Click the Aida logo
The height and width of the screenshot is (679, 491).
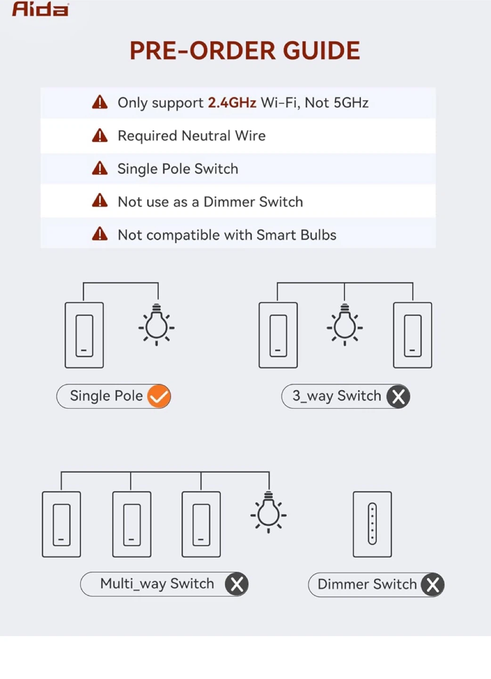(40, 9)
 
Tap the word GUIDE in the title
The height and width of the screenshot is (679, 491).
(321, 50)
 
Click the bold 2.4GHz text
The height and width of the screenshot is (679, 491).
(232, 103)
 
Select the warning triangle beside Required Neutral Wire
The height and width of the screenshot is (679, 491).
(99, 135)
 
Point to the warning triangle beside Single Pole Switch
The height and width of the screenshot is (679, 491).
(99, 168)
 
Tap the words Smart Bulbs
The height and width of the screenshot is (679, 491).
(296, 235)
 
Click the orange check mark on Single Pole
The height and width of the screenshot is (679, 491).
(159, 396)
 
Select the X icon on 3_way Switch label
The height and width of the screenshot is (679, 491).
(398, 397)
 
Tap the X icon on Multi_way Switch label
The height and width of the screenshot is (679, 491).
(237, 584)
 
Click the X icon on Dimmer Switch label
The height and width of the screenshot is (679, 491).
(433, 585)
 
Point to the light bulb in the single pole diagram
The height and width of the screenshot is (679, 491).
(156, 324)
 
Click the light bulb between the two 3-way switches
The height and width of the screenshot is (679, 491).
(344, 324)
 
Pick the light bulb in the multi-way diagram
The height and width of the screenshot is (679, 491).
(269, 512)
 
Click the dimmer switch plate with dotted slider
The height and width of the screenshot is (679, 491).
(372, 524)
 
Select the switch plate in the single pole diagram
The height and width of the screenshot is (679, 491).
(84, 335)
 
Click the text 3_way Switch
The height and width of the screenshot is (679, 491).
(337, 396)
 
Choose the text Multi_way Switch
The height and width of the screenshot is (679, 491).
(157, 584)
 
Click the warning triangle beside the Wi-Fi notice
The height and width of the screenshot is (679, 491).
(99, 102)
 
